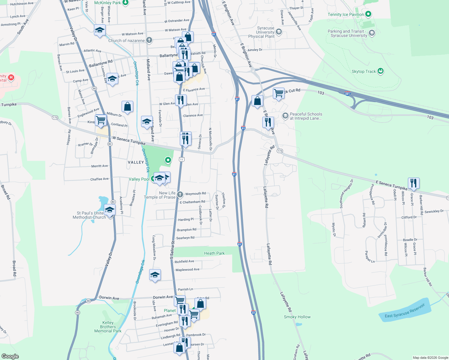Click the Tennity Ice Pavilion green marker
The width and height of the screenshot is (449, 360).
pyautogui.click(x=368, y=14)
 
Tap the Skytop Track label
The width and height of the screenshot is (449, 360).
pyautogui.click(x=363, y=71)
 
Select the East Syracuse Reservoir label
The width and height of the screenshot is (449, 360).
pyautogui.click(x=405, y=311)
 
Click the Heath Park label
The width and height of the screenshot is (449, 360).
pyautogui.click(x=214, y=253)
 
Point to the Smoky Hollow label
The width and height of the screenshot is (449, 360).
pyautogui.click(x=297, y=317)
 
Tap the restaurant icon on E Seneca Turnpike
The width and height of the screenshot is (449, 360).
pyautogui.click(x=414, y=183)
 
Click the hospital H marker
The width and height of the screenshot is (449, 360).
pyautogui.click(x=11, y=78)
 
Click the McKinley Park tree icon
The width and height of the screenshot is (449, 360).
pyautogui.click(x=125, y=3)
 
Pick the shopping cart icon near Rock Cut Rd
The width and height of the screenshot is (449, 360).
pyautogui.click(x=279, y=93)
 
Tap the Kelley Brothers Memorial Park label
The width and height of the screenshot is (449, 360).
pyautogui.click(x=108, y=327)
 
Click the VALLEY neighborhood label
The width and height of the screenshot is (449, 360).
pyautogui.click(x=136, y=162)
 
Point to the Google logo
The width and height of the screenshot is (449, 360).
pyautogui.click(x=10, y=356)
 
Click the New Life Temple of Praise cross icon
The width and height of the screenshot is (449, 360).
pyautogui.click(x=180, y=195)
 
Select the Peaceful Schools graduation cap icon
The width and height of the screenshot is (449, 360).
pyautogui.click(x=285, y=115)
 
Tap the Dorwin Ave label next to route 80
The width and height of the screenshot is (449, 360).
pyautogui.click(x=109, y=298)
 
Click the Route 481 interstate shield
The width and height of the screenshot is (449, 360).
pyautogui.click(x=348, y=93)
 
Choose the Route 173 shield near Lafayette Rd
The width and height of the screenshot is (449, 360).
pyautogui.click(x=280, y=151)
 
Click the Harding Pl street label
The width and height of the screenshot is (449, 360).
pyautogui.click(x=186, y=220)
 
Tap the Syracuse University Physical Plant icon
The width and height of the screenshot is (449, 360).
pyautogui.click(x=279, y=32)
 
